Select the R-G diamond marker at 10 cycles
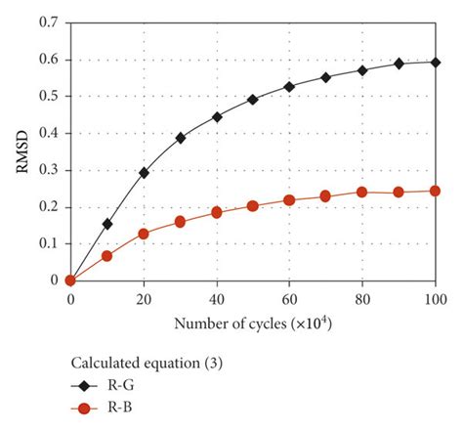coord(107,224)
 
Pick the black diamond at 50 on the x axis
coord(253,100)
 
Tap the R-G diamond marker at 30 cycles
coord(181,138)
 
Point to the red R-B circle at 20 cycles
coord(144,234)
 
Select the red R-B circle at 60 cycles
coord(289,199)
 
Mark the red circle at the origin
coord(70,280)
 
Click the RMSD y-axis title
coord(22,151)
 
